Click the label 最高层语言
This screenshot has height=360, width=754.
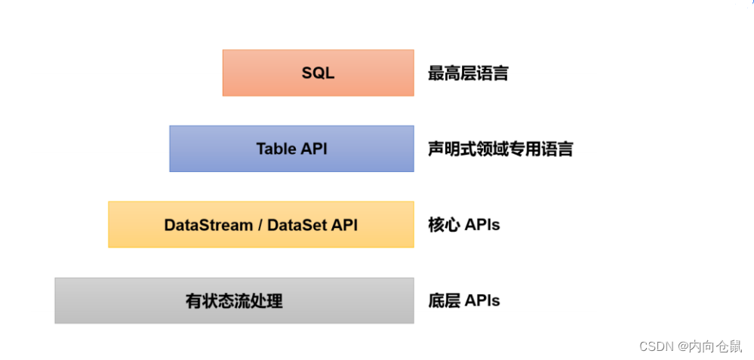point(468,73)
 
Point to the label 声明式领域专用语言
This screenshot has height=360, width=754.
point(500,149)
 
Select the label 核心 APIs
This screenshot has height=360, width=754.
point(463,224)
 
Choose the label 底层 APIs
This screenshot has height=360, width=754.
point(463,300)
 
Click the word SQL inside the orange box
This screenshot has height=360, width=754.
point(318,73)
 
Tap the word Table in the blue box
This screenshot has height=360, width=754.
point(276,149)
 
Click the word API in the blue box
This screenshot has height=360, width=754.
point(314,149)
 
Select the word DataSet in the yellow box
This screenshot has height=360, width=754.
point(297,225)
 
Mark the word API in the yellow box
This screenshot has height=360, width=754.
point(344,225)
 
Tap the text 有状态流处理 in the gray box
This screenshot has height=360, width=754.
point(234,301)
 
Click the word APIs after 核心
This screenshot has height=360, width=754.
point(482,224)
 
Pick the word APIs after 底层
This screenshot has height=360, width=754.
point(482,300)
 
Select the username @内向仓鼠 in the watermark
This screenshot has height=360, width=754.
point(709,346)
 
